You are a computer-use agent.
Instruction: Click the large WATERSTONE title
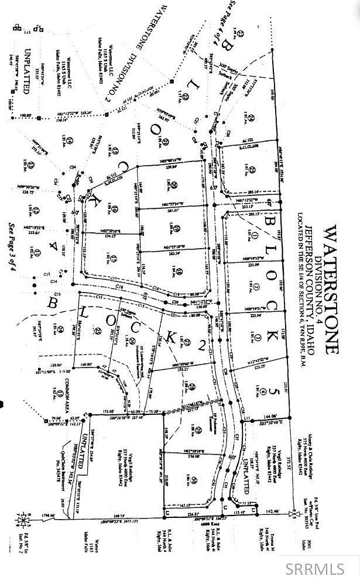click(331, 290)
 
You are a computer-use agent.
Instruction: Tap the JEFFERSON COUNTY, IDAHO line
click(308, 290)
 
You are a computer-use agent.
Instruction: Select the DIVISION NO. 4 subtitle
click(318, 290)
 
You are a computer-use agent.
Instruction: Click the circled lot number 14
click(70, 140)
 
